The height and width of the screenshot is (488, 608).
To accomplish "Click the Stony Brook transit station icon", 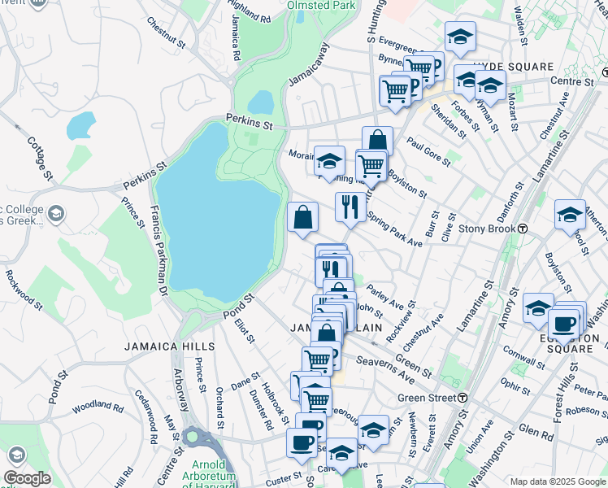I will (524, 229).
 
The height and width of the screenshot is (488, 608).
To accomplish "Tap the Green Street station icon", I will (462, 398).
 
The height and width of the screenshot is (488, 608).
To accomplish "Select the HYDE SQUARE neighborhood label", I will (513, 66).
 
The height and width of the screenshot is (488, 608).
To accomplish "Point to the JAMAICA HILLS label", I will (170, 346).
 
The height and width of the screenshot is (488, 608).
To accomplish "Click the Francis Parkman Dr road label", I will (159, 250).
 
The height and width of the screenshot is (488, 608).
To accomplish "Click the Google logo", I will (28, 477).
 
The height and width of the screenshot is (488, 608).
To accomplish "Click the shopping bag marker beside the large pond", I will (302, 217).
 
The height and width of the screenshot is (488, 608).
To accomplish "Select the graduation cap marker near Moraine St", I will (329, 160).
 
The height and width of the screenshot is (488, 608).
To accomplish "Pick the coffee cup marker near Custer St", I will (302, 442).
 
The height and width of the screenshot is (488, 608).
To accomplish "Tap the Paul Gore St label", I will (428, 151).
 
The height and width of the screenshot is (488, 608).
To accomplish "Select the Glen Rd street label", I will (535, 432).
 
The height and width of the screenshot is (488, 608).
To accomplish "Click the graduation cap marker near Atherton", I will (570, 215).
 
